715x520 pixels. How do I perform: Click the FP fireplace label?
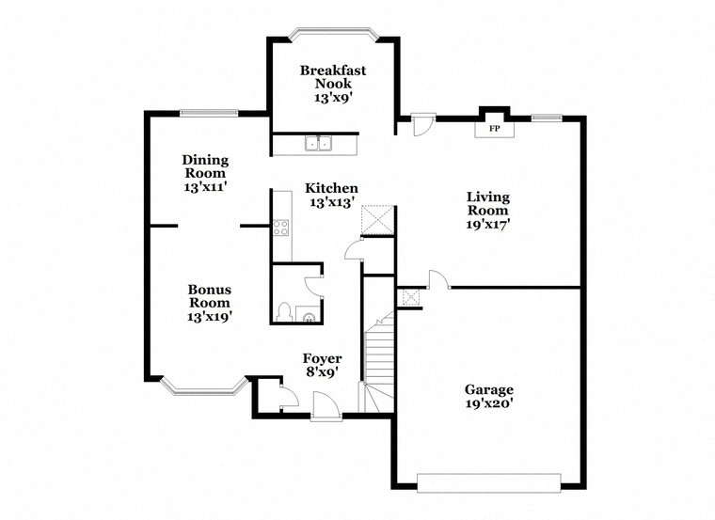pos(494,129)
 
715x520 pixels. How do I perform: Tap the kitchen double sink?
pos(318,143)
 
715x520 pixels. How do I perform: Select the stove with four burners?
pos(281,228)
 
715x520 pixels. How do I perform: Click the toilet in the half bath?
pos(283,312)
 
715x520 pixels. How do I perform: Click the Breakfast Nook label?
pos(333,77)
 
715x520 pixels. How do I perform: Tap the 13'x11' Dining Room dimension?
pos(206,187)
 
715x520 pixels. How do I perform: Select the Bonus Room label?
pos(209,296)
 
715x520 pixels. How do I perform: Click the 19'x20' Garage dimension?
pos(489,403)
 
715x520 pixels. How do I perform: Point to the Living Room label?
pos(488,204)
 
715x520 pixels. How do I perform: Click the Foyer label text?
pos(323,358)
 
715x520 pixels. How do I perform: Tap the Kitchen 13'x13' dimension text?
pos(332,202)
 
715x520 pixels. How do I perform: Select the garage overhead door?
pos(489,483)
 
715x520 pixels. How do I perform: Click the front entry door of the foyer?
pos(326,405)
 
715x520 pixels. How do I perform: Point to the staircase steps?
pos(379,360)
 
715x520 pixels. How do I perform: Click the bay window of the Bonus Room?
pos(203,386)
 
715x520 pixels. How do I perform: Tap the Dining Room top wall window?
pos(209,113)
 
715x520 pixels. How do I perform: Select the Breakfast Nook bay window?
pos(334,35)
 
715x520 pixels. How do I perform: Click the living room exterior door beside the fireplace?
pos(423,125)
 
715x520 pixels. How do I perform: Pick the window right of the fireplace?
pos(547,118)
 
